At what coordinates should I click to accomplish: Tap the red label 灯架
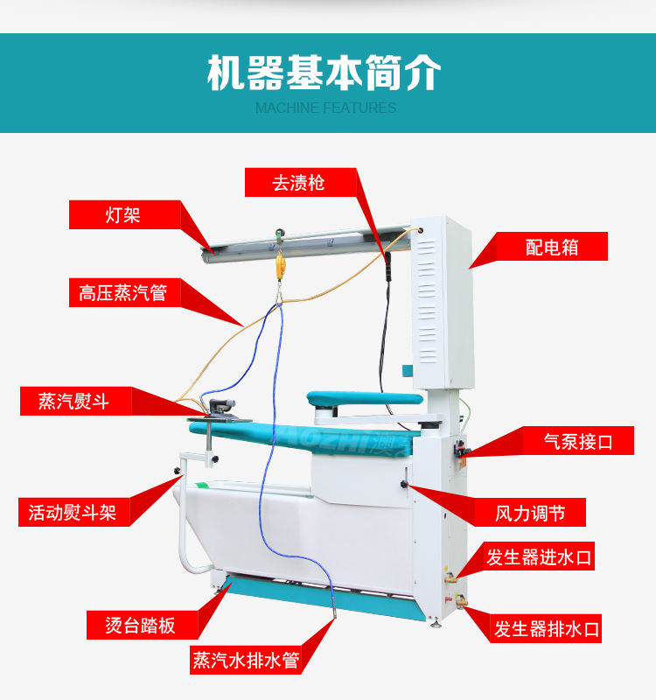(124, 214)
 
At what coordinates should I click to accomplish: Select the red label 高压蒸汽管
(124, 292)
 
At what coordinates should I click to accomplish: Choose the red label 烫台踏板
(143, 625)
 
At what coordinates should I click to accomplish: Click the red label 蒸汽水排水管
(246, 660)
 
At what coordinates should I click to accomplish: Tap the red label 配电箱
(552, 247)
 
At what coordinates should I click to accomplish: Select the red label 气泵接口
(578, 441)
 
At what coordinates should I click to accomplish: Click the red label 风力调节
(530, 513)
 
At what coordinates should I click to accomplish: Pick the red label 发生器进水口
(539, 556)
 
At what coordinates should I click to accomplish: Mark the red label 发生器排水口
(546, 628)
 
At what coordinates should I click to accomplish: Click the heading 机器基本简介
(325, 73)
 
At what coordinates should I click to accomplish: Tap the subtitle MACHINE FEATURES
(325, 108)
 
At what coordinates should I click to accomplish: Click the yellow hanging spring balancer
(280, 266)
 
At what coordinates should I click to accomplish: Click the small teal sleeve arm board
(365, 397)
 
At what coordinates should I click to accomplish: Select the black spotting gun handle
(387, 267)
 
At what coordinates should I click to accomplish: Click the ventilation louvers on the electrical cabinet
(427, 301)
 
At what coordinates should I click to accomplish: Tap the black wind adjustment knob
(404, 485)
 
